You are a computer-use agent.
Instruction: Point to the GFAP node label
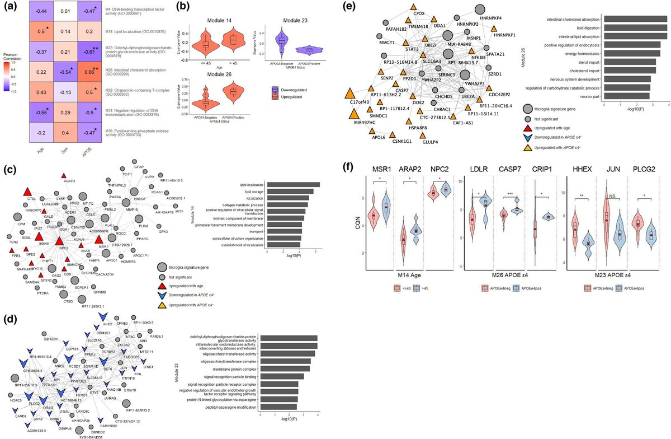[140, 167]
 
